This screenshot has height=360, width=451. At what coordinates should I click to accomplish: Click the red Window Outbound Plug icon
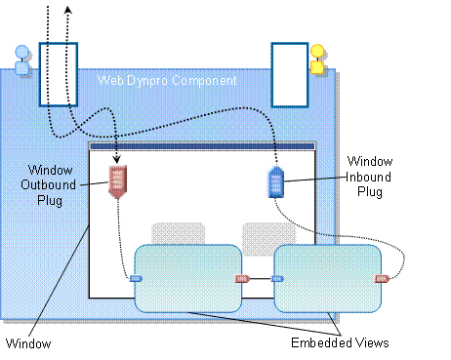(x=117, y=181)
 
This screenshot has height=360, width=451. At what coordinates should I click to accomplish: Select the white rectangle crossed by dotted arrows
(x=58, y=73)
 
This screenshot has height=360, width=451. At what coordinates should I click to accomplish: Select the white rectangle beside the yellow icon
(x=289, y=73)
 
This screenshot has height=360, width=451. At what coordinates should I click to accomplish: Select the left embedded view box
(x=186, y=278)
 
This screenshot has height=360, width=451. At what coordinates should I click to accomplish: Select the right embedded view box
(x=327, y=278)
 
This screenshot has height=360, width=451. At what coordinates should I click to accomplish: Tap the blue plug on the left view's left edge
(x=136, y=278)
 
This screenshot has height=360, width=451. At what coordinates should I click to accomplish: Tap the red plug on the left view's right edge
(x=242, y=278)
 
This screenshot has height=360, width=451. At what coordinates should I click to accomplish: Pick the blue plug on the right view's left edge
(x=277, y=278)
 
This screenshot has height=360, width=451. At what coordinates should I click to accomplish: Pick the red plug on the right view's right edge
(x=382, y=278)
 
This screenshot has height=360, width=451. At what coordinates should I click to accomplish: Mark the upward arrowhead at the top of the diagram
(x=67, y=7)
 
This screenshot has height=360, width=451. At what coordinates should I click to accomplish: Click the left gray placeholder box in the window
(x=178, y=234)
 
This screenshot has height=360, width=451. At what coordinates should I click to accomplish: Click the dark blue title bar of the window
(x=202, y=147)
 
